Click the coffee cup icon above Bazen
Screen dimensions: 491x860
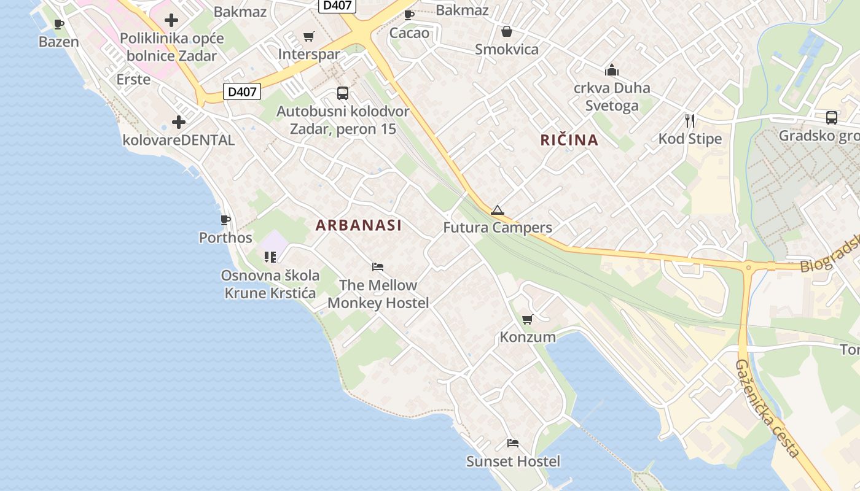coord(59,25)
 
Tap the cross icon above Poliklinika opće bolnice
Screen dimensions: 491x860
coord(171,20)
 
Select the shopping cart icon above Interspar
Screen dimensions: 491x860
coord(308,37)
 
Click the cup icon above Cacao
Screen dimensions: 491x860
coord(409,15)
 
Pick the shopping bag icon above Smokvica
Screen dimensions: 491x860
coord(507,31)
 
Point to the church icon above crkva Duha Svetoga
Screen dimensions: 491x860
coord(612,70)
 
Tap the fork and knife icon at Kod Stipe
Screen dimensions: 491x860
coord(690,121)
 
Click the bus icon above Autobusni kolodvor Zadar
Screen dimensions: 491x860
coord(343,93)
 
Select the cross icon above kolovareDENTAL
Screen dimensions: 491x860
coord(179,122)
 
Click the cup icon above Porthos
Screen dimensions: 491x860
coord(225,220)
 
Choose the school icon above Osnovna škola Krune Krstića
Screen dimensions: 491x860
coord(270,257)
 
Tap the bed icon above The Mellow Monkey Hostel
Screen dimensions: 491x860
coord(378,267)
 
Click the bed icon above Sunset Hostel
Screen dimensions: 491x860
coord(513,443)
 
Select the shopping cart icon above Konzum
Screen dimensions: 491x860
coord(527,319)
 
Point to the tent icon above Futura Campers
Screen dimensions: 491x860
coord(497,211)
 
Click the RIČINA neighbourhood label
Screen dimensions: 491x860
coord(569,140)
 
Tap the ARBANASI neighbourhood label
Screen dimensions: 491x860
coord(359,225)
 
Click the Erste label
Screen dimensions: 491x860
coord(133,79)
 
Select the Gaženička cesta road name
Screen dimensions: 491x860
coord(767,408)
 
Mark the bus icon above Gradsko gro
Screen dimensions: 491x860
coord(831,118)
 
